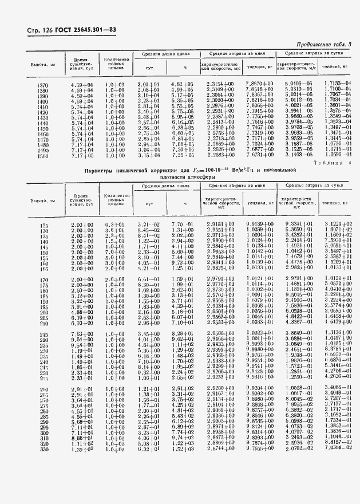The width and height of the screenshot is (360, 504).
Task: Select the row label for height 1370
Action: (42, 85)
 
